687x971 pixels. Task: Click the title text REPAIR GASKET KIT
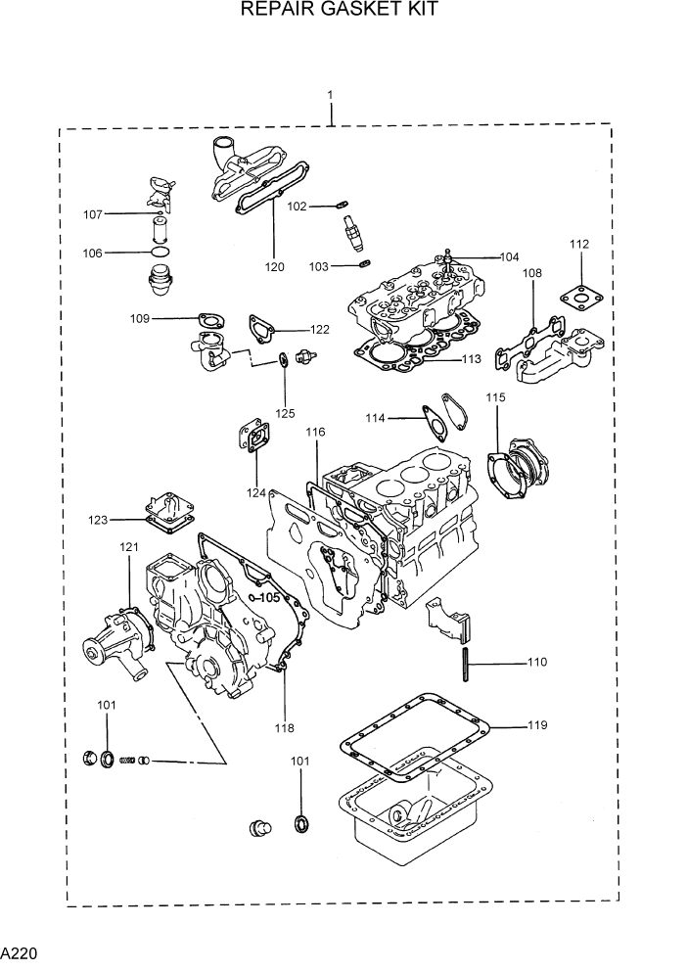click(x=339, y=10)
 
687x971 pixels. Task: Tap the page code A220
click(x=20, y=952)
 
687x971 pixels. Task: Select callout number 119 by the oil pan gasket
click(x=536, y=725)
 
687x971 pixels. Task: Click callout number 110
click(x=536, y=663)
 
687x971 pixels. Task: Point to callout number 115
click(x=495, y=397)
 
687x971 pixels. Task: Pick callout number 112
click(x=579, y=244)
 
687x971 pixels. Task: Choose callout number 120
click(x=274, y=266)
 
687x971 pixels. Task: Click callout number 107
click(x=93, y=213)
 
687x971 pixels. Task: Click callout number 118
click(x=284, y=727)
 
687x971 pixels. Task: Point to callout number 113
click(x=471, y=359)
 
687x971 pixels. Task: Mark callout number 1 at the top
click(x=330, y=95)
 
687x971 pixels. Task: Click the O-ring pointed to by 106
click(x=160, y=252)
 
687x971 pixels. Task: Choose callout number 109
click(x=140, y=318)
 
